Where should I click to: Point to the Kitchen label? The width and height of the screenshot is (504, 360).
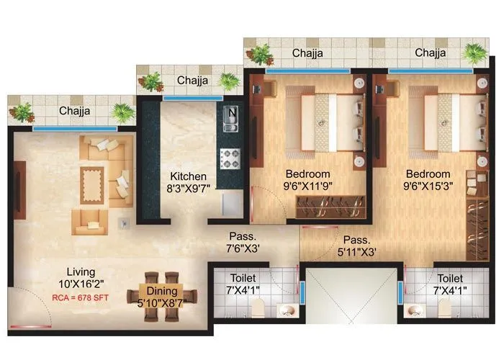pos(188,176)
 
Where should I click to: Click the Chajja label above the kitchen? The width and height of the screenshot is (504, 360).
pos(192,81)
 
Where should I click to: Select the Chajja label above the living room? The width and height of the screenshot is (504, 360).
pos(74,111)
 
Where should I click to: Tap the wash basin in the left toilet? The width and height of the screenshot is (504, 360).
pos(287,311)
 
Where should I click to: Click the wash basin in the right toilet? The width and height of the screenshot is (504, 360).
pos(415,311)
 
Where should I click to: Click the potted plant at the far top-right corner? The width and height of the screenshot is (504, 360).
pos(474,51)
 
